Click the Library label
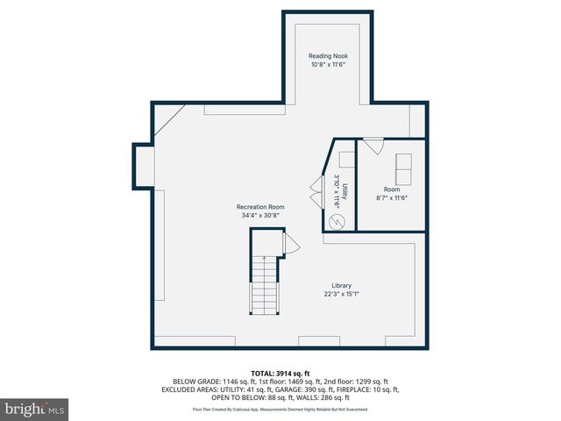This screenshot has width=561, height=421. click(341, 285)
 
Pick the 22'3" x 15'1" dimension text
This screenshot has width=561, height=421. click(341, 294)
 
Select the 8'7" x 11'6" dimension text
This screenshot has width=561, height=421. click(391, 197)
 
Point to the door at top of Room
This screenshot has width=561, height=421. click(373, 146)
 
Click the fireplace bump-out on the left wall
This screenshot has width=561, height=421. click(142, 167)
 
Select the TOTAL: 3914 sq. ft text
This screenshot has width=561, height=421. click(280, 373)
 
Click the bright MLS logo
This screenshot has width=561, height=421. click(35, 409)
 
